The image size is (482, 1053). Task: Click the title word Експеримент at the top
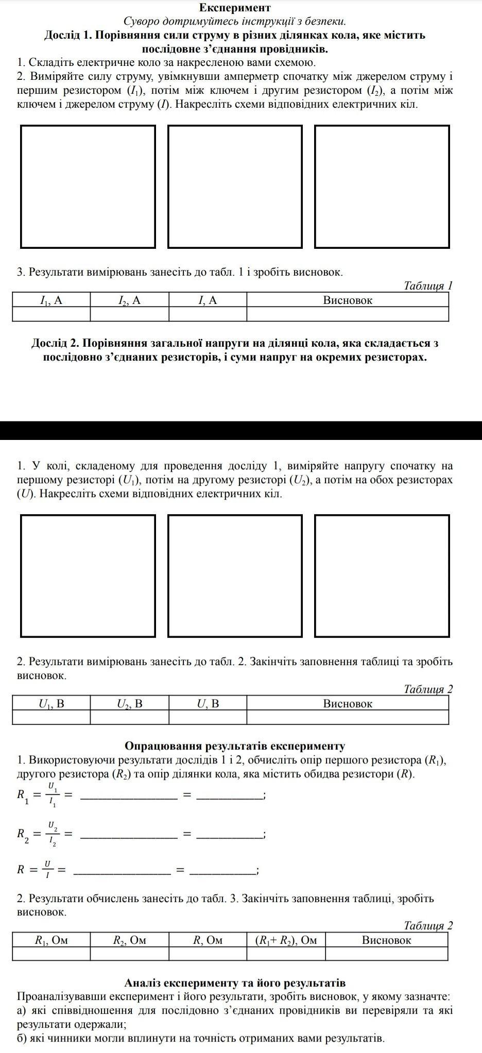coord(235,8)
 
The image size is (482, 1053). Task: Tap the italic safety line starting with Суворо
coord(235,22)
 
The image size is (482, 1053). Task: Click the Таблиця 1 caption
coord(428,285)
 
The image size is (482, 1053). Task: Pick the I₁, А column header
coord(51,300)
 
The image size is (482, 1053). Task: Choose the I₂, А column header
coord(129,300)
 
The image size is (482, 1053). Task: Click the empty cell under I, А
coord(208,314)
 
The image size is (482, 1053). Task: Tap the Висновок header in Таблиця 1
coord(348,300)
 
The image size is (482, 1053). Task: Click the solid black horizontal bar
coord(241,430)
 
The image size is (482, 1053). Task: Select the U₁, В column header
coord(51,704)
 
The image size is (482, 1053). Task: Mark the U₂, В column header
coord(129,704)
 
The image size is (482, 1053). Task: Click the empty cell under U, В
coord(208,717)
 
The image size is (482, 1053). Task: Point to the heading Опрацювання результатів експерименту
coord(235,746)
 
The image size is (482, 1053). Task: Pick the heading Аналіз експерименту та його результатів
coord(235,983)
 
